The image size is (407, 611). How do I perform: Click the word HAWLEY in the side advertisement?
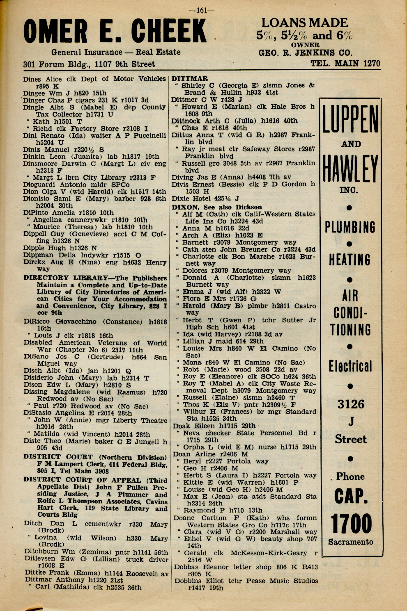pos(350,168)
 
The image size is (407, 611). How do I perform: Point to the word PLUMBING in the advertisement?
pos(350,227)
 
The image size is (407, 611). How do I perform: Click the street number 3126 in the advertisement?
pos(351,404)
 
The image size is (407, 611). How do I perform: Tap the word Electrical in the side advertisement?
pos(350,366)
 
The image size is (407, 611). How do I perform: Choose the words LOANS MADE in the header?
pos(304,23)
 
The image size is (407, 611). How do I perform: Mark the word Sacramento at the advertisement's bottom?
pos(350,542)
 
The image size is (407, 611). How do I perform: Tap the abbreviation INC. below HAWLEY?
pos(349,190)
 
